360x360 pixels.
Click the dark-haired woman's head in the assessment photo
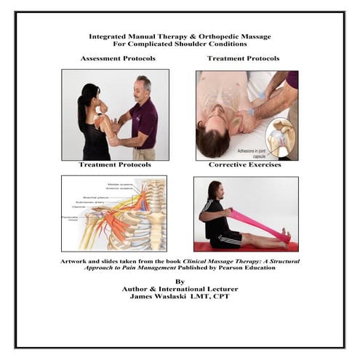click(x=90, y=95)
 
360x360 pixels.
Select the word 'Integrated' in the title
click(x=109, y=35)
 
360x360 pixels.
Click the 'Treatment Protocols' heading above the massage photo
click(x=243, y=58)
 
